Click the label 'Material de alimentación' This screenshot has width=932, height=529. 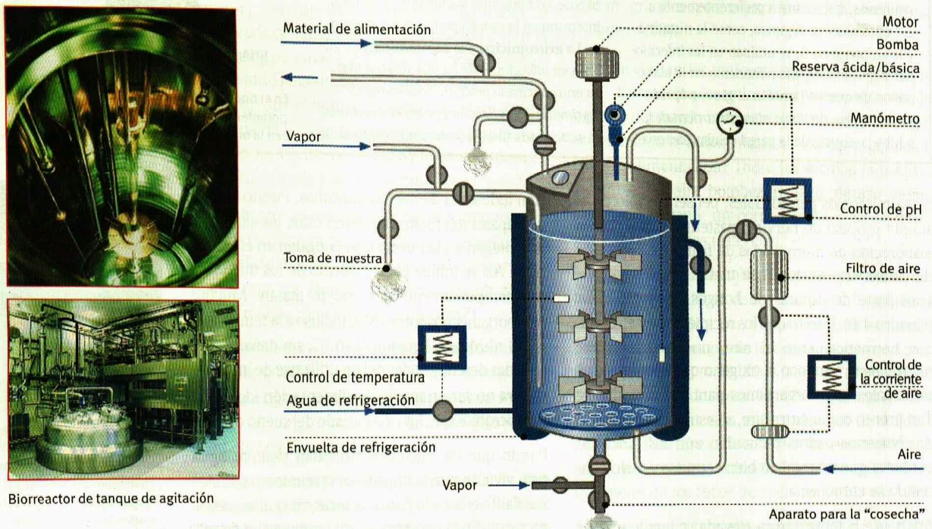coord(356,29)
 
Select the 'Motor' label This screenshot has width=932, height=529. coord(900,22)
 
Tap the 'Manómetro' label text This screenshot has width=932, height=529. coord(884,118)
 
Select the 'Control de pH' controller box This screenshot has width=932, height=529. coord(787,200)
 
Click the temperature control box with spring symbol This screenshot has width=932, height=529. coord(442,347)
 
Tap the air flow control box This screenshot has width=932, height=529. coord(831,376)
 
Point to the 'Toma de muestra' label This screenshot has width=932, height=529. coord(332,258)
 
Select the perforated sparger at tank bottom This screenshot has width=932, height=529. coord(600,416)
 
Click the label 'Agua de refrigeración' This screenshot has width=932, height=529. coord(350,401)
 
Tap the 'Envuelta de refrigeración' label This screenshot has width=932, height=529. coord(361,447)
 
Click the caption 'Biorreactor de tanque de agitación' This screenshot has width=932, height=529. coord(111,499)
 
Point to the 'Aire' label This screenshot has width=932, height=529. coord(909,454)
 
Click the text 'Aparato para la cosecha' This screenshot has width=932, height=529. coord(846,514)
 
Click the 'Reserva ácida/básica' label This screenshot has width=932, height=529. coord(855,68)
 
